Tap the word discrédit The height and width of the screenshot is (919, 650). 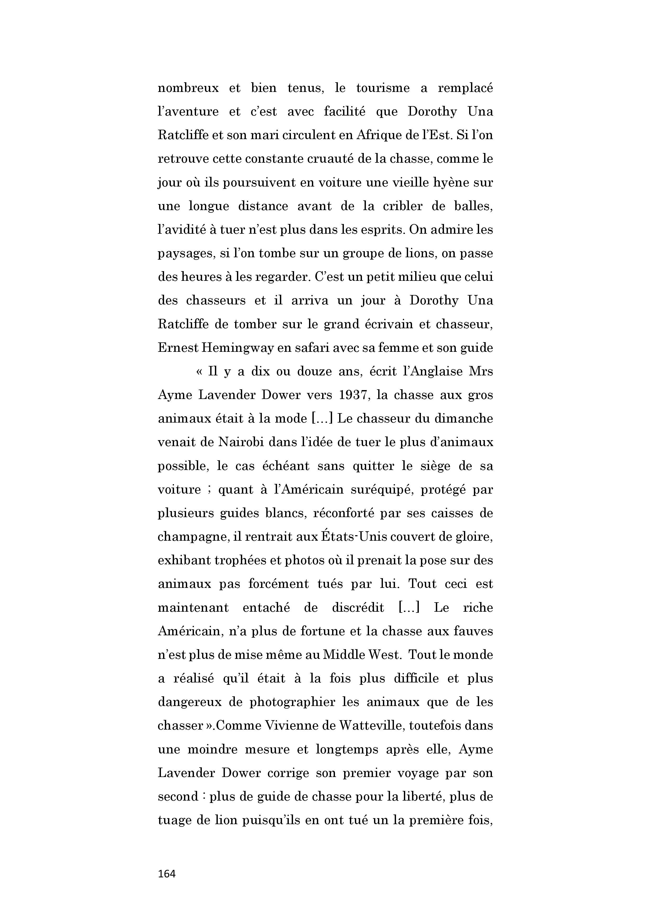[x=358, y=608]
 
